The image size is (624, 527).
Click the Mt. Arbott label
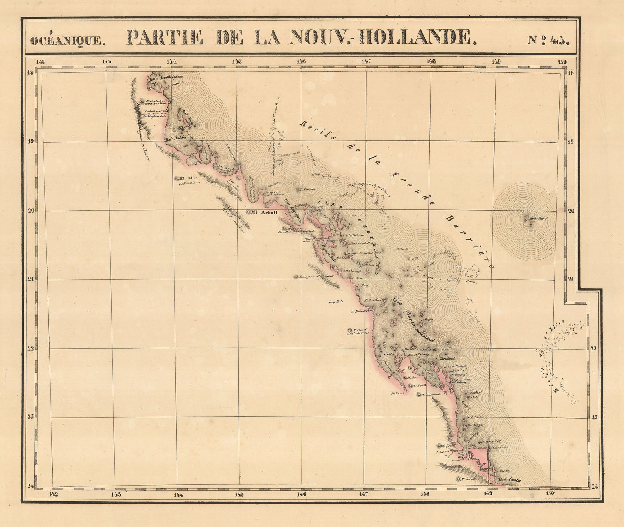258,213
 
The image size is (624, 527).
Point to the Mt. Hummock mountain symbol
420,395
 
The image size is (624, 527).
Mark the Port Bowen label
458,383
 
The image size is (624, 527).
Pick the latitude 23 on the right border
594,417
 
